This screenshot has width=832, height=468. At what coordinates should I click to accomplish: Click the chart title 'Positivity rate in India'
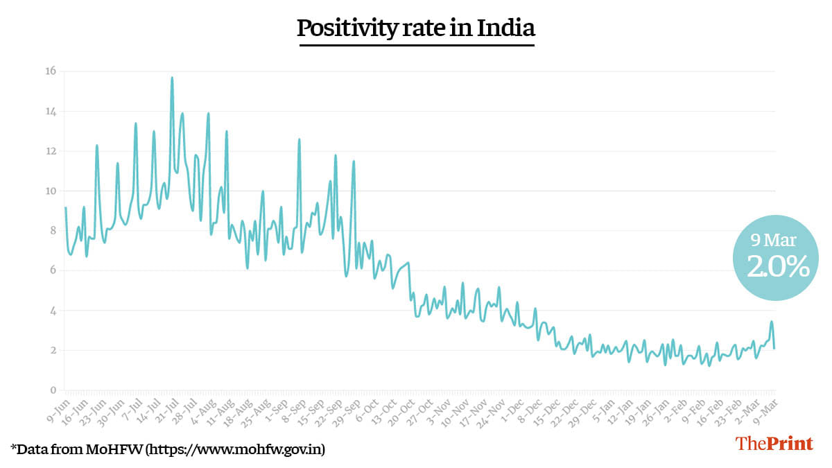click(x=416, y=28)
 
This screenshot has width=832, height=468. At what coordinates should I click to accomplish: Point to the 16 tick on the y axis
click(x=50, y=71)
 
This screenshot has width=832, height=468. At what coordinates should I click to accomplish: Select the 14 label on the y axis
click(x=50, y=111)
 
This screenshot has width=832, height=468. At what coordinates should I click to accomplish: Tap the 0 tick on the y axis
click(x=53, y=390)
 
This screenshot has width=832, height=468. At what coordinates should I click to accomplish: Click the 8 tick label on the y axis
click(x=53, y=231)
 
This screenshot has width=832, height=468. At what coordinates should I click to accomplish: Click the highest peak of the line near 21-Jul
click(x=172, y=78)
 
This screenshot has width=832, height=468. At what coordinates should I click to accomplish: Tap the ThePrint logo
click(x=774, y=444)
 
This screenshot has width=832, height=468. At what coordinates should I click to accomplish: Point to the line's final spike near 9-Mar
click(x=771, y=322)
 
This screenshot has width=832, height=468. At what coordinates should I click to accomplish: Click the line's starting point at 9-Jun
click(x=65, y=207)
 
